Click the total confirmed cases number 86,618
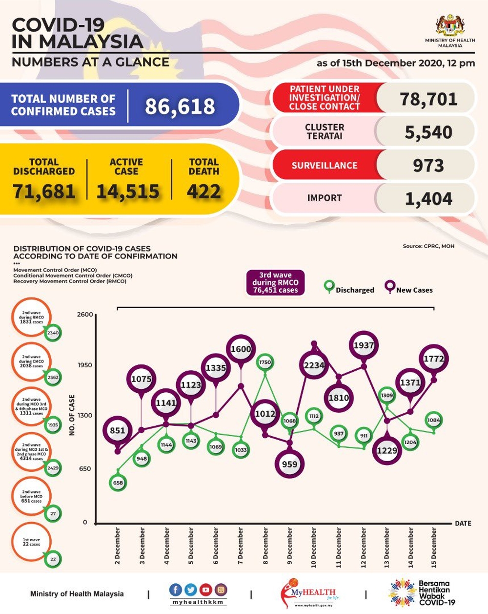coord(180,106)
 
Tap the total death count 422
coord(203,191)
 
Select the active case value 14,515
coord(128,191)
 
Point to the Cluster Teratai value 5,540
coord(428,132)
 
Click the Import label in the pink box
coord(324,198)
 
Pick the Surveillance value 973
coord(428,166)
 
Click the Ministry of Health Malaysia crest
coord(449,26)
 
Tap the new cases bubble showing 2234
coord(314,365)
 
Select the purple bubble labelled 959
coord(289,464)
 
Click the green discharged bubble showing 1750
coord(265,362)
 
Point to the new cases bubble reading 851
coord(118,430)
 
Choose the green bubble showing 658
coord(118,483)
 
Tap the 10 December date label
coord(314,547)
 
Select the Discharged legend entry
coord(349,289)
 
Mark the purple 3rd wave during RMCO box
coord(275,282)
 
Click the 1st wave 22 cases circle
coord(31,542)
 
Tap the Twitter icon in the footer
coord(191,590)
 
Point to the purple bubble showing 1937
coord(364,345)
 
